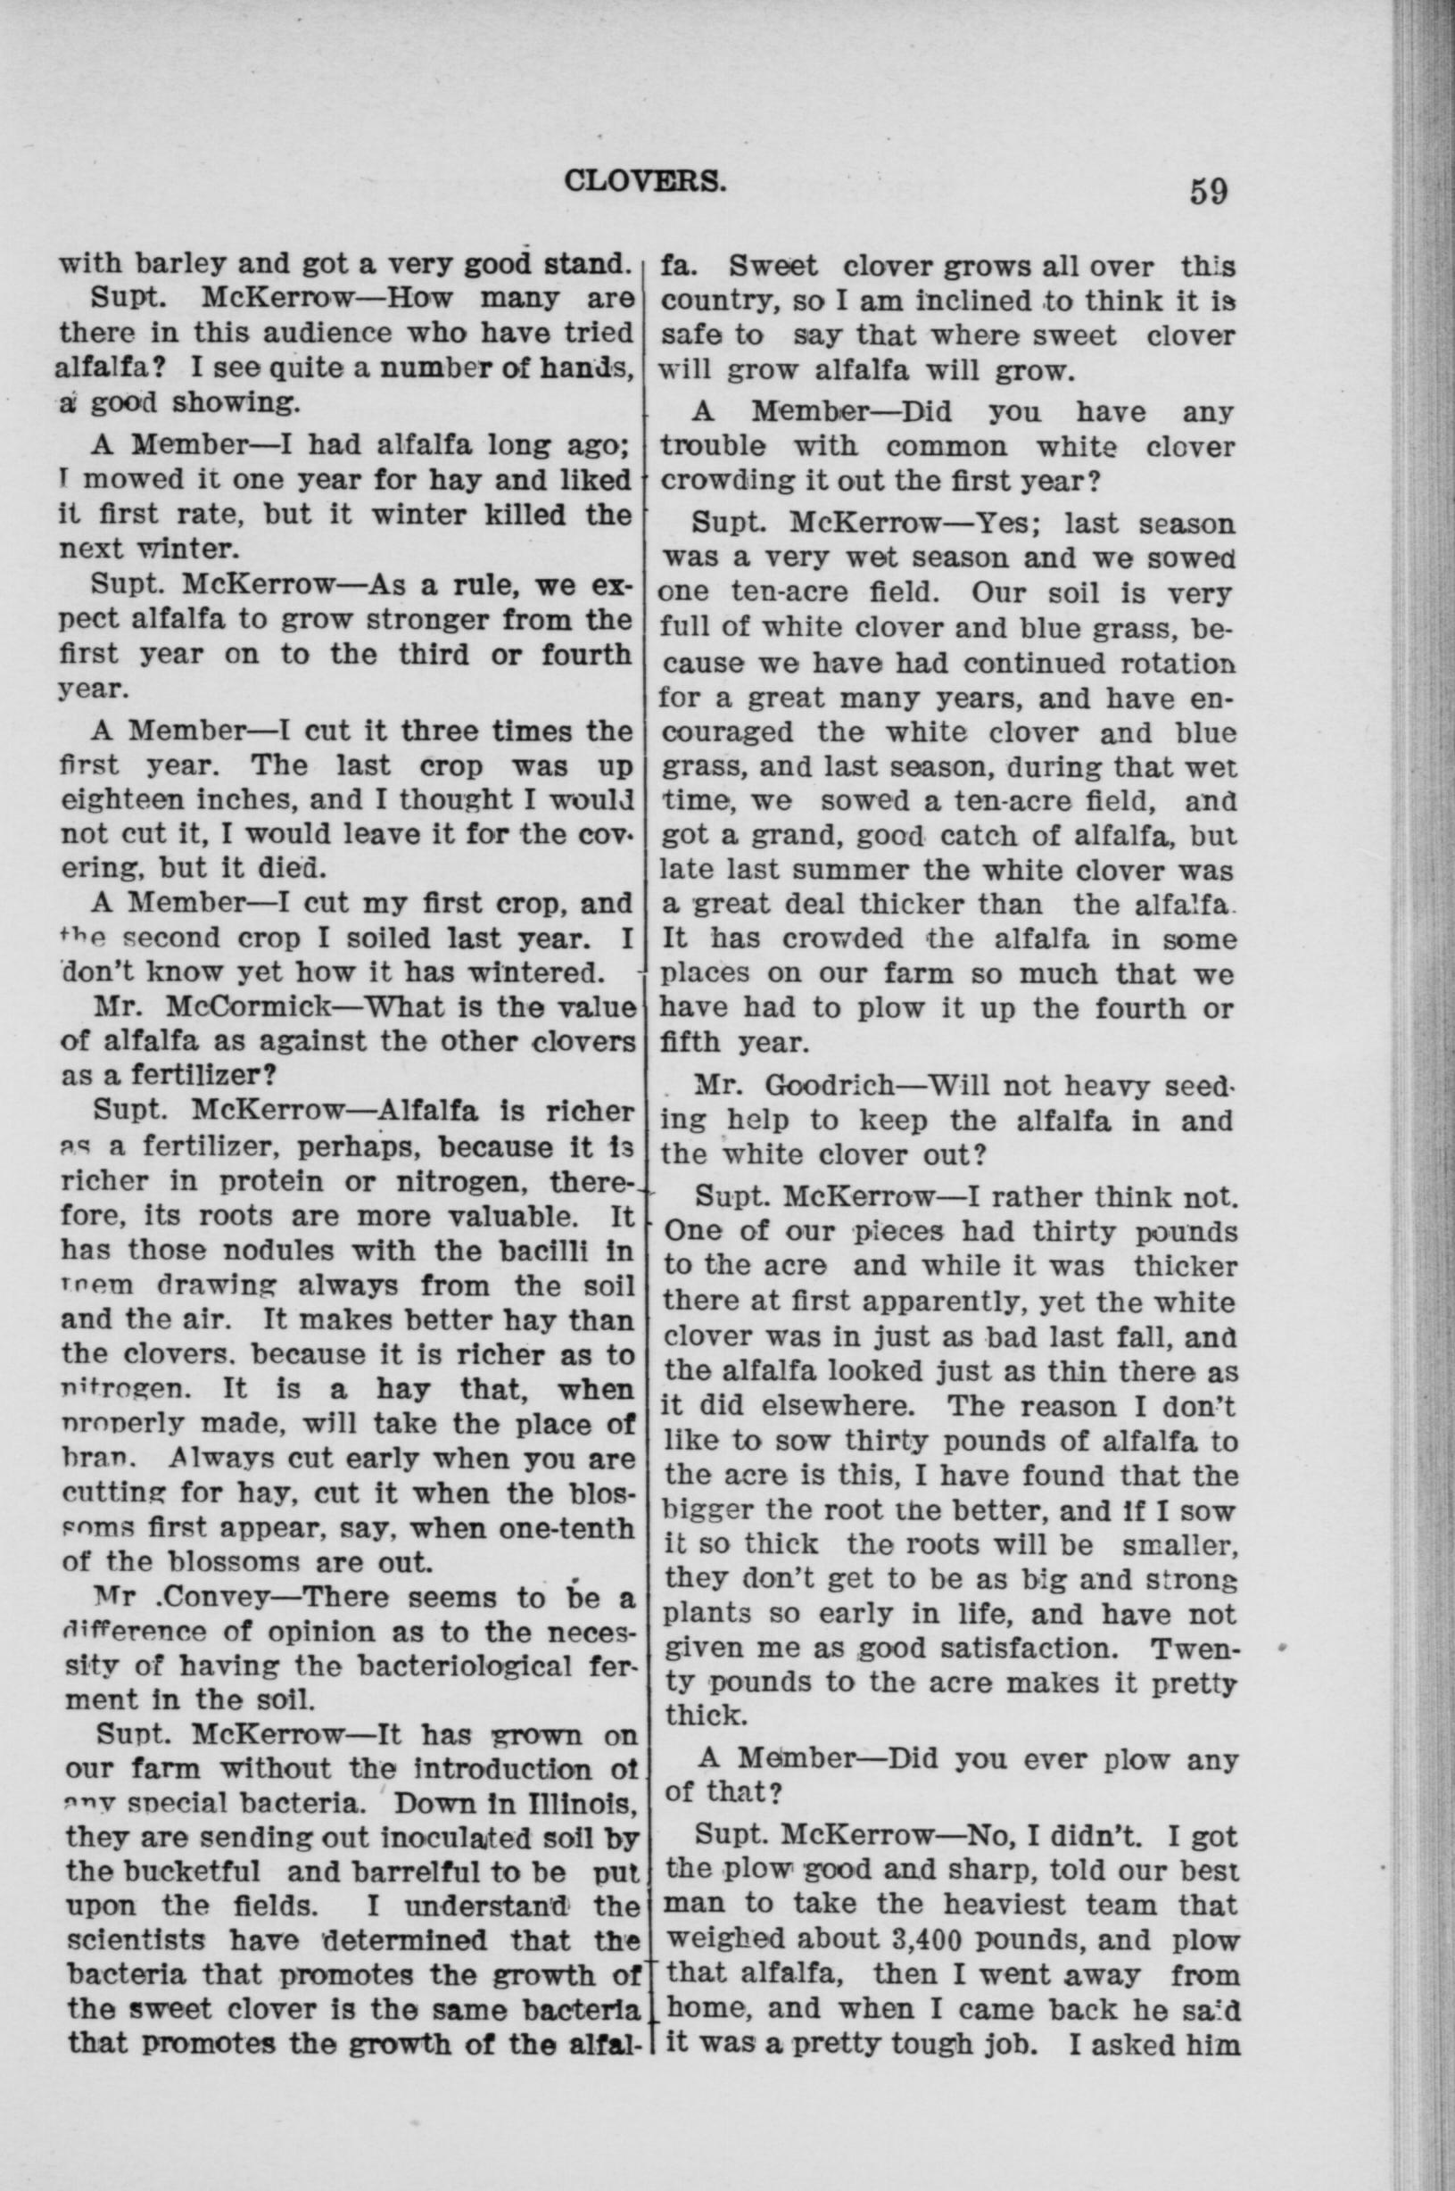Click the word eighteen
[120, 801]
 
